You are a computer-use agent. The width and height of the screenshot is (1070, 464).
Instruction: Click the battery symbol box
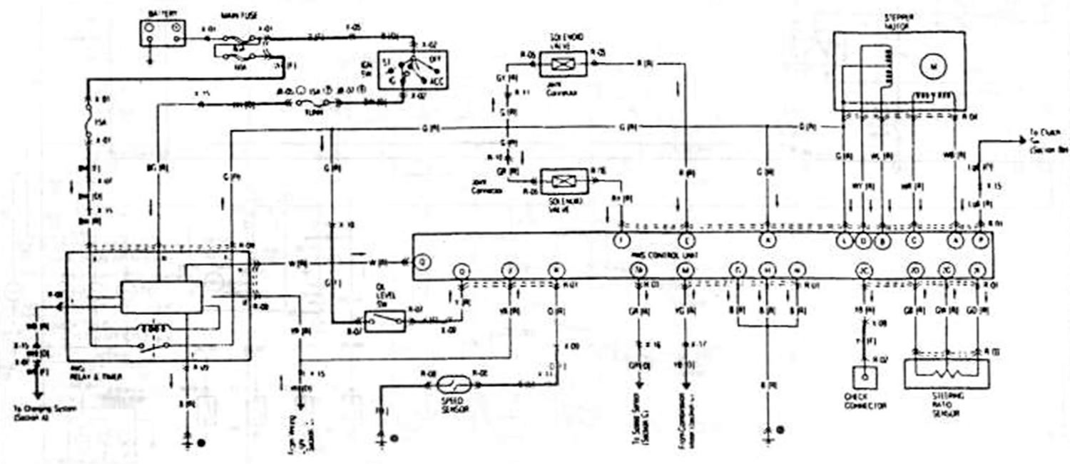161,33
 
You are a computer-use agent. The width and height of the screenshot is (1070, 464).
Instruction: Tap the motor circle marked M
932,66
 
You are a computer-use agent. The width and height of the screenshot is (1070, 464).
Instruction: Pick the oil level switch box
384,321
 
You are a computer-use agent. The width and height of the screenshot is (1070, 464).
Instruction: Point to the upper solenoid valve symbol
564,63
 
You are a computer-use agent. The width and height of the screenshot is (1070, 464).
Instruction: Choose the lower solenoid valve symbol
565,180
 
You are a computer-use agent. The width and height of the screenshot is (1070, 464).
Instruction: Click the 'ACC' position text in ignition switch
433,81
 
